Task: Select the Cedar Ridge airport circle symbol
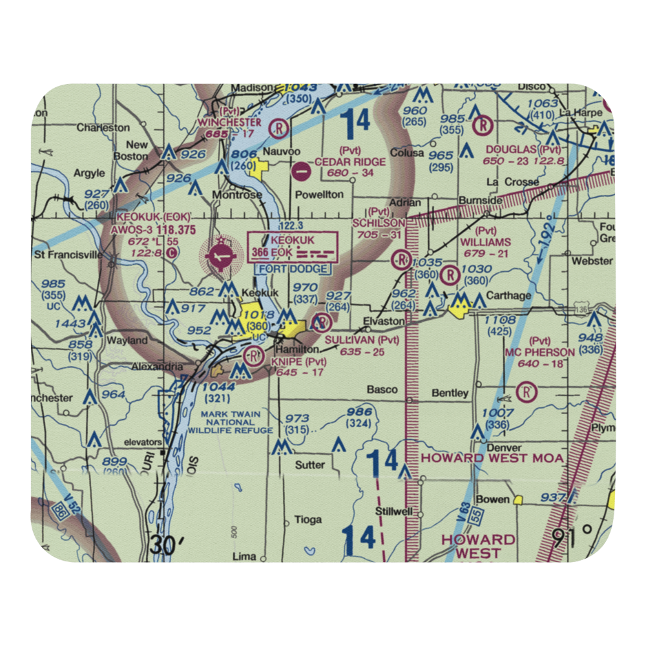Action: (x=300, y=172)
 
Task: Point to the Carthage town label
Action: (x=510, y=296)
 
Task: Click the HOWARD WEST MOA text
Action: (x=492, y=458)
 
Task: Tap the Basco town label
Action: (x=382, y=390)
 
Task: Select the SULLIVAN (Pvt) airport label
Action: (x=362, y=340)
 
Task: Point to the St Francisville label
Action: (x=69, y=255)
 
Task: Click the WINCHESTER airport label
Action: (x=229, y=122)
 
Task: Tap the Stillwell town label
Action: (x=394, y=511)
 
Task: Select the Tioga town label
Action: (x=307, y=519)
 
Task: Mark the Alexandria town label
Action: (x=158, y=366)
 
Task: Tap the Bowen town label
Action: (x=493, y=499)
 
